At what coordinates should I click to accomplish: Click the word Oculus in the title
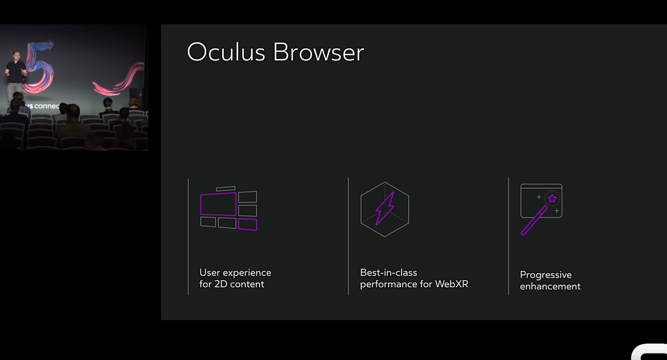(x=226, y=52)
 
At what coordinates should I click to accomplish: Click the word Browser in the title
(x=318, y=52)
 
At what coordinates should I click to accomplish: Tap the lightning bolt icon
(x=385, y=208)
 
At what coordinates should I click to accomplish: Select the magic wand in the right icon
(x=534, y=221)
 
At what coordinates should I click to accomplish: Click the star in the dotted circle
(x=552, y=199)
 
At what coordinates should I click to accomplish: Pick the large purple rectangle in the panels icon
(x=218, y=204)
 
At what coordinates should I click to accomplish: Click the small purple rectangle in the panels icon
(x=248, y=224)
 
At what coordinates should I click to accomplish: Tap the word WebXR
(x=452, y=284)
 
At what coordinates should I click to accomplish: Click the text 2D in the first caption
(x=221, y=284)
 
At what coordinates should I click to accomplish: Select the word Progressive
(x=546, y=275)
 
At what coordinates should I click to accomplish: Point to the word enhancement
(x=550, y=286)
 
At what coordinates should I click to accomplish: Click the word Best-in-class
(x=389, y=272)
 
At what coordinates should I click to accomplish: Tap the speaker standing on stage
(x=15, y=74)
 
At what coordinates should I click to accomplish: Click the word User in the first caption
(x=209, y=273)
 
